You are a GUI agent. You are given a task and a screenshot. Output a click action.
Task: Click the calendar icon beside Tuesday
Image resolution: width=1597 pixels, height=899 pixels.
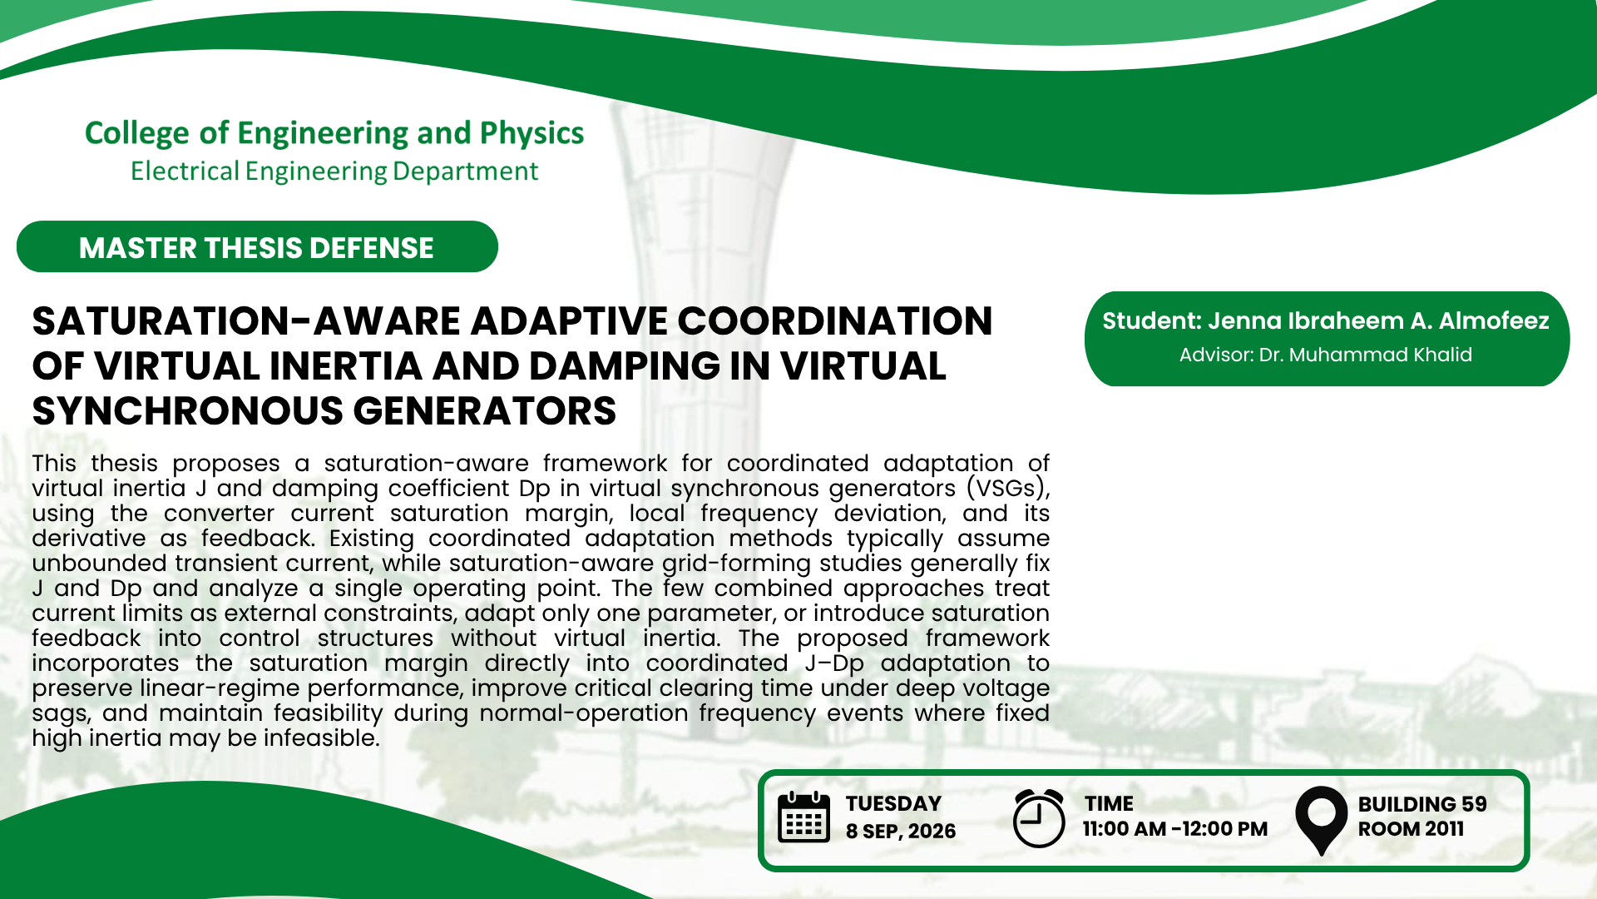pyautogui.click(x=803, y=817)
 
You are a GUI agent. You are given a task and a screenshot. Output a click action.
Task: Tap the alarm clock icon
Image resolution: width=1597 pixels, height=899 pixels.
pyautogui.click(x=1039, y=818)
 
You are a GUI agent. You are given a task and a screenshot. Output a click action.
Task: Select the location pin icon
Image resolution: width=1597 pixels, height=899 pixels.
pyautogui.click(x=1321, y=820)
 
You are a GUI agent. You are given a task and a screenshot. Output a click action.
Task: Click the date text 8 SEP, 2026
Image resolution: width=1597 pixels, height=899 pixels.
pyautogui.click(x=901, y=832)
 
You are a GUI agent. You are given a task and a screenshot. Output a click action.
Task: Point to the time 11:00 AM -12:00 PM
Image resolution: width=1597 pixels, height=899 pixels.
pyautogui.click(x=1175, y=829)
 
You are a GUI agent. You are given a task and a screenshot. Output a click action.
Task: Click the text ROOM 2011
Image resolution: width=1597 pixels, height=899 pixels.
pyautogui.click(x=1411, y=829)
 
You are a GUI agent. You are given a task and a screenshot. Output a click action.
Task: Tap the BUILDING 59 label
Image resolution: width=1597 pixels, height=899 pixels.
pyautogui.click(x=1422, y=804)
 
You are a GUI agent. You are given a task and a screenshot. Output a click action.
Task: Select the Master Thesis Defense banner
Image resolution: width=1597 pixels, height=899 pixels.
pyautogui.click(x=257, y=247)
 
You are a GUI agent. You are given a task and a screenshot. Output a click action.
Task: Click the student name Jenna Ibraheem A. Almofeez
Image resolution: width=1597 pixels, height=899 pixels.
pyautogui.click(x=1378, y=321)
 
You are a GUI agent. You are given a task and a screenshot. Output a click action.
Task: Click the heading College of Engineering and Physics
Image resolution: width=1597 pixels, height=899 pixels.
pyautogui.click(x=334, y=133)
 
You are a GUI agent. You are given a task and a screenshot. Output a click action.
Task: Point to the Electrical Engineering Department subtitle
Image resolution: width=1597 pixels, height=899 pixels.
pyautogui.click(x=334, y=171)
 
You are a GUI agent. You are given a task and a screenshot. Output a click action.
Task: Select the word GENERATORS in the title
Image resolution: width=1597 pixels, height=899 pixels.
pyautogui.click(x=485, y=411)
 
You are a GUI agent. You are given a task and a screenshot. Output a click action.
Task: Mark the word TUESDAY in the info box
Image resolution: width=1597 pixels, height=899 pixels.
pyautogui.click(x=893, y=804)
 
